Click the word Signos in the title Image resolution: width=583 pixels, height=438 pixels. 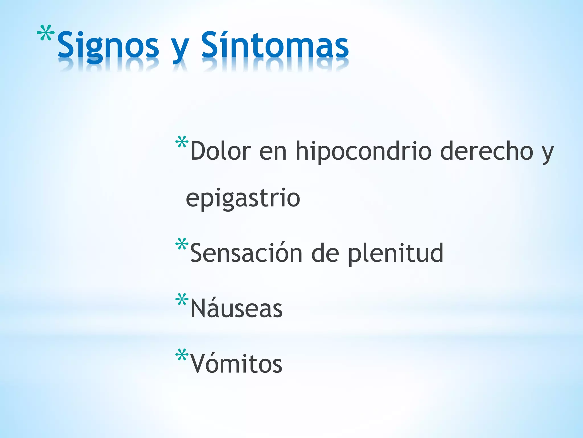coord(108,46)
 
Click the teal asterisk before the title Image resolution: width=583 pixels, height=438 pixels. coord(46,34)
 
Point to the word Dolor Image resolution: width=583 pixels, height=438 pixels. coord(221,151)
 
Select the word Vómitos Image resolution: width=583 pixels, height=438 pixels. coord(236,364)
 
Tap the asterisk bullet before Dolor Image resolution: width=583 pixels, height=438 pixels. coord(182,142)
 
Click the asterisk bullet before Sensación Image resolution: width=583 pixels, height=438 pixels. coord(182,244)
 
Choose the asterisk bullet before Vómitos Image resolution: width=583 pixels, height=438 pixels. coord(182,355)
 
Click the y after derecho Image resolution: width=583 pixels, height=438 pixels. coord(547,154)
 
